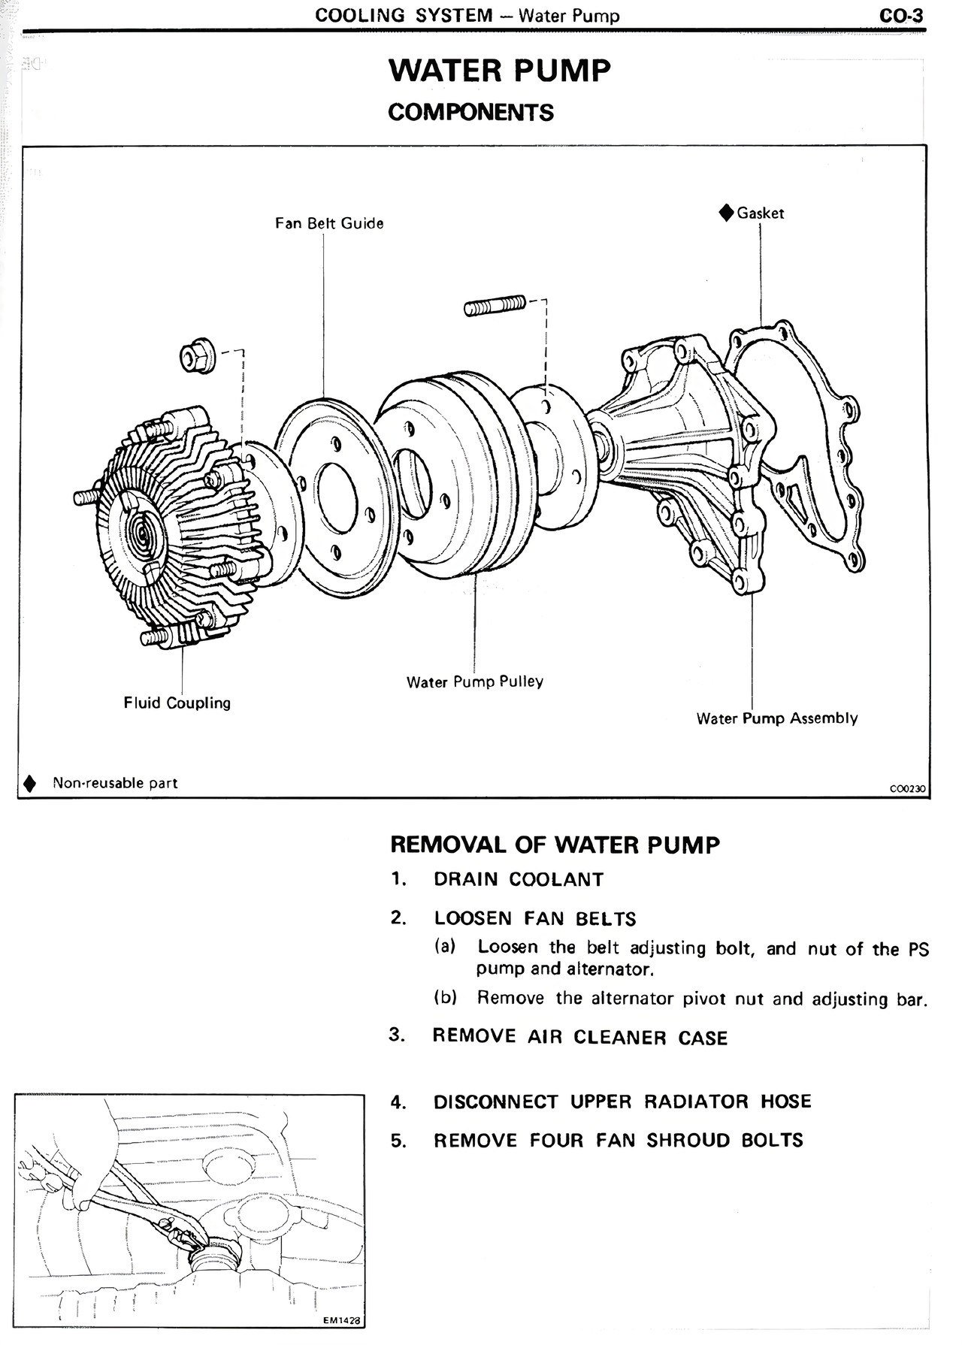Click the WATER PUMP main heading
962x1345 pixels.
coord(499,71)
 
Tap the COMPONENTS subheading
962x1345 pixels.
coord(470,113)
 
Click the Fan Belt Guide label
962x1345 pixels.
coord(329,223)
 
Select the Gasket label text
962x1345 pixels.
coord(760,213)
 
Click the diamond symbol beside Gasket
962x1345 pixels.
coord(726,213)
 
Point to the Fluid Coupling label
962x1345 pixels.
coord(177,703)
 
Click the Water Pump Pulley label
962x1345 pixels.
coord(474,682)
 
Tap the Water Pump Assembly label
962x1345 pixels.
coord(776,718)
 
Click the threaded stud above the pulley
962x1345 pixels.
coord(495,306)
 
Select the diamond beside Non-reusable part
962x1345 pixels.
coord(29,783)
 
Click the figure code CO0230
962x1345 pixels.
coord(906,789)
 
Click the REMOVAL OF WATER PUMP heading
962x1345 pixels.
coord(555,845)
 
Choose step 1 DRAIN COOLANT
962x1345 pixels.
coord(518,879)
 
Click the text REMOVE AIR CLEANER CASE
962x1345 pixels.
coord(579,1038)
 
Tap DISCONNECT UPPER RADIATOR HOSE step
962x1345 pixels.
coord(622,1102)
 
